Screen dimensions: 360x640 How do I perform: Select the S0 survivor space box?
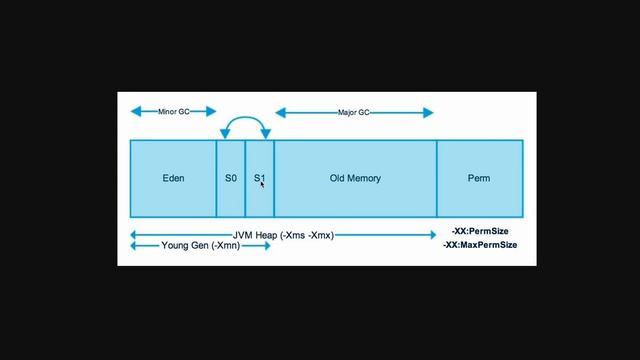tap(231, 178)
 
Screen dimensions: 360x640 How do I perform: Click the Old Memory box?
tap(355, 178)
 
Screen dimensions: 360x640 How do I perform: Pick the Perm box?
tap(479, 178)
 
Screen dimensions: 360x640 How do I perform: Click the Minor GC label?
tap(173, 112)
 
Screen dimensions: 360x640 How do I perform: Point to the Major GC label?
tap(355, 113)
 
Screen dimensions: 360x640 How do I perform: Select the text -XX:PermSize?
tap(480, 232)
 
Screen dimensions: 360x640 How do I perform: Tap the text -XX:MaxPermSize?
tap(480, 245)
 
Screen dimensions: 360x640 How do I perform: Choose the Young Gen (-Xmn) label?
tap(200, 246)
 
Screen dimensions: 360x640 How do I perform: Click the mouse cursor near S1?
tap(262, 183)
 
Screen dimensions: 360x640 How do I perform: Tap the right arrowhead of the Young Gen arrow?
tap(267, 246)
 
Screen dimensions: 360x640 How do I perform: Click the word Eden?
tap(173, 178)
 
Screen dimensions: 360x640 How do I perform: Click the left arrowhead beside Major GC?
tap(279, 113)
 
